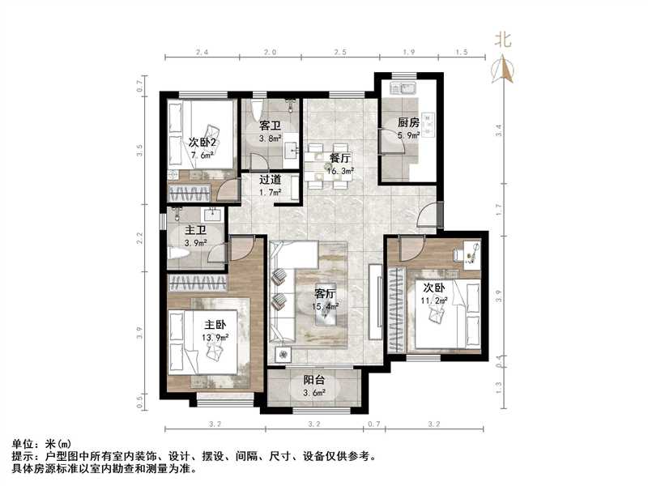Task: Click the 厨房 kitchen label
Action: (408, 122)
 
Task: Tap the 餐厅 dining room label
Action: (339, 158)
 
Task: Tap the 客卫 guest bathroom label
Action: (270, 126)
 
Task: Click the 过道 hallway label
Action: (271, 181)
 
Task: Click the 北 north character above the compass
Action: (504, 39)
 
